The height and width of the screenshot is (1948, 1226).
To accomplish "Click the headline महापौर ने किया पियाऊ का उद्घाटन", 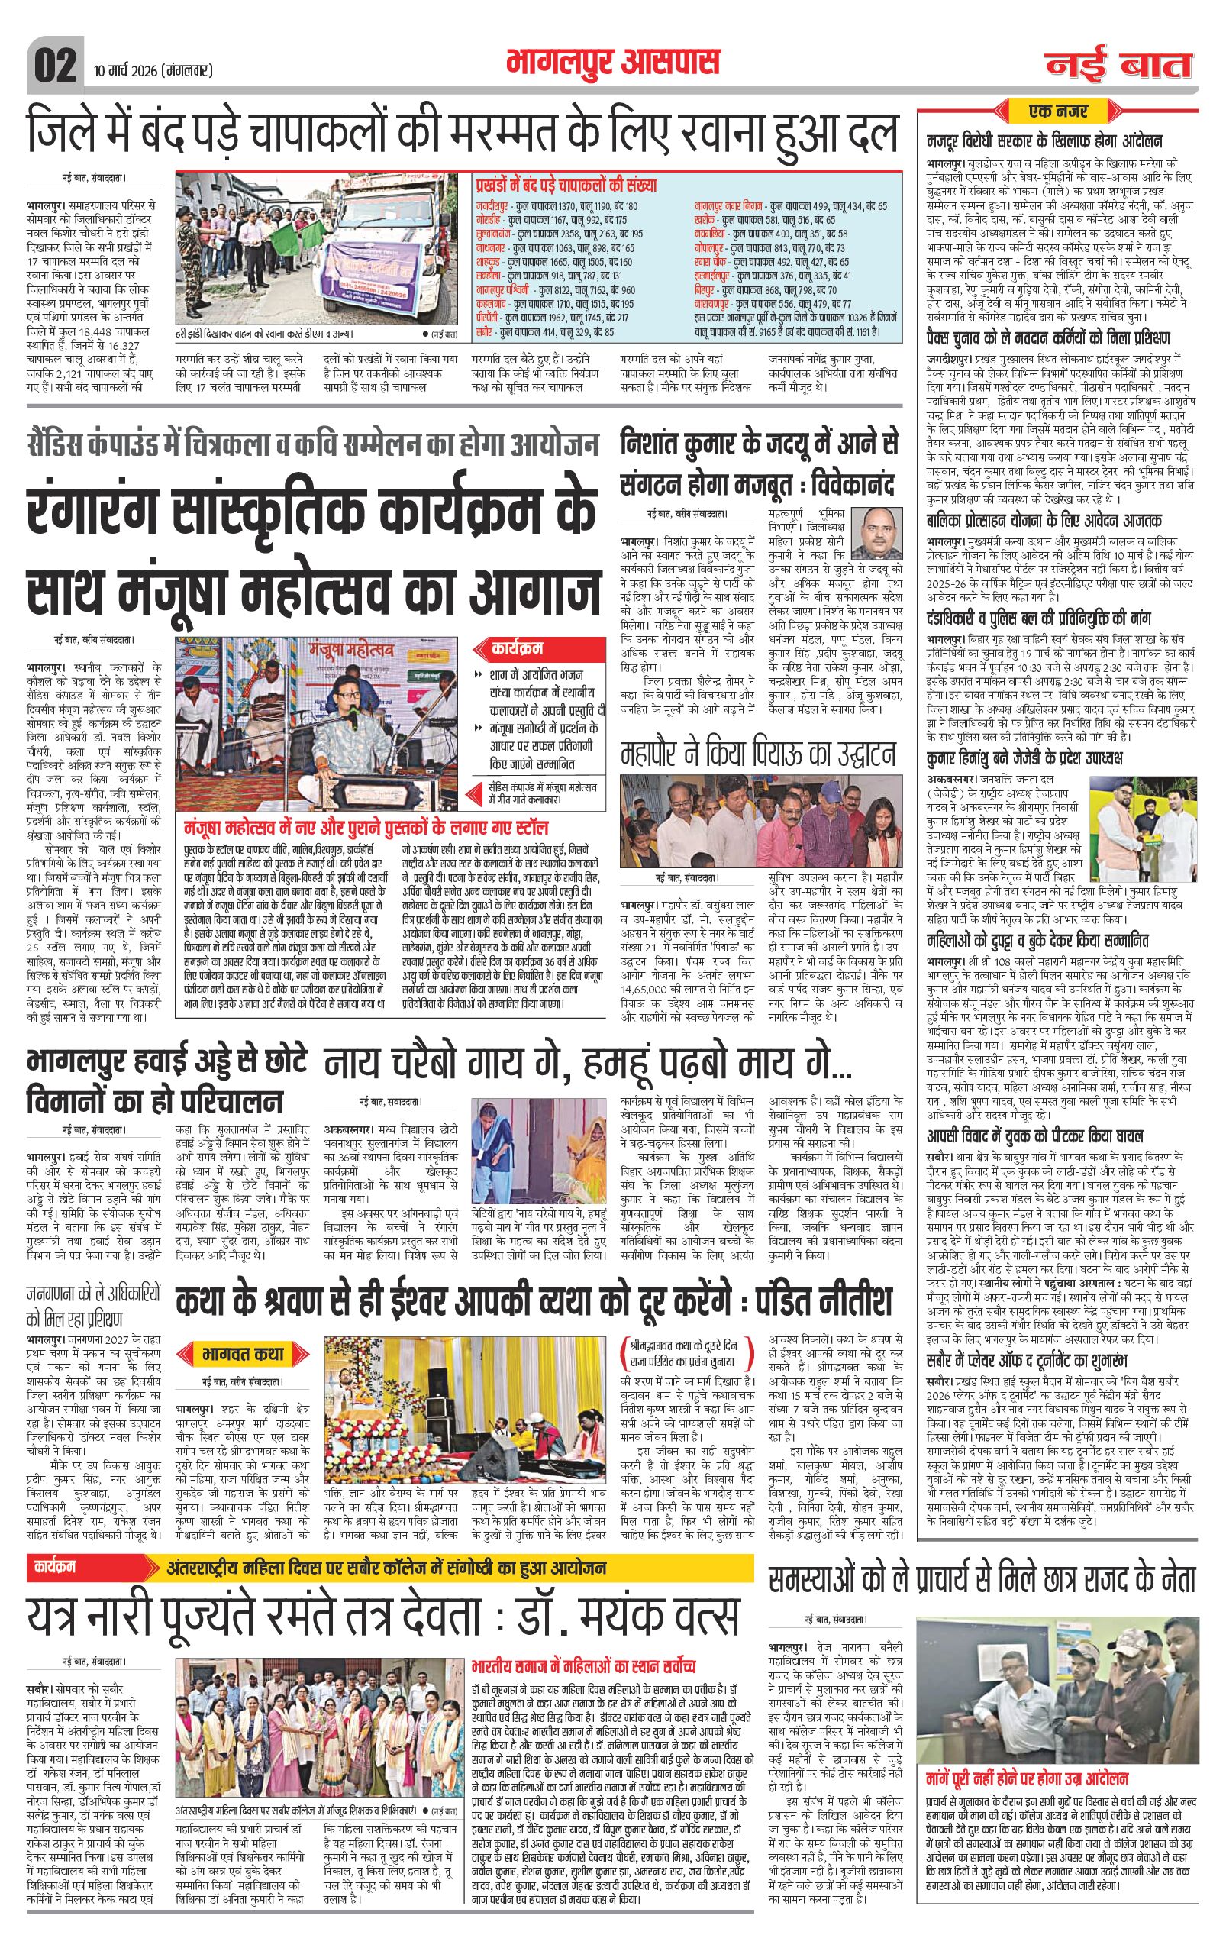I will [x=758, y=754].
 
